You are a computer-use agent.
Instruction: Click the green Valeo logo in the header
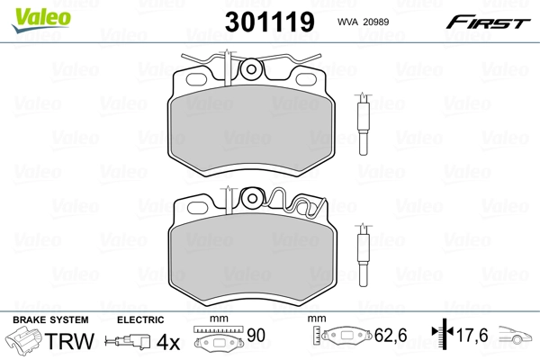pos(41,20)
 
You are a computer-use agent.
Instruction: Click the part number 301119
pos(270,22)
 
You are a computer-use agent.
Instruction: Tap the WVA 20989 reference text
pos(363,22)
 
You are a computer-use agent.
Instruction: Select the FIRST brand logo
pos(488,22)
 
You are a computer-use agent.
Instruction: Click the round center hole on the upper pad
pos(251,69)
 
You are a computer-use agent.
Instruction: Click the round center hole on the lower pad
pos(252,198)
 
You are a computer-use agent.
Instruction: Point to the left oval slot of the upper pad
pos(196,79)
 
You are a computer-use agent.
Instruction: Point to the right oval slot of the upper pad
pos(306,79)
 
